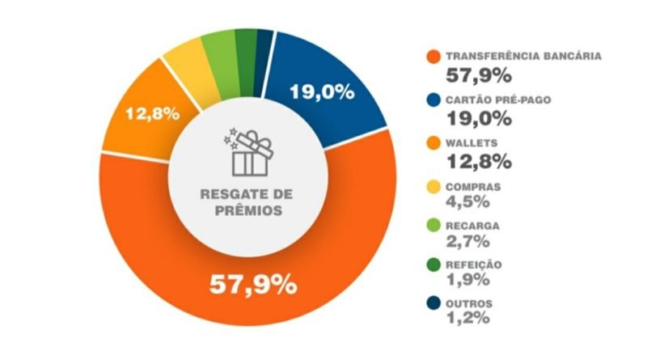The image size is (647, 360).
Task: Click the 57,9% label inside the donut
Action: click(x=252, y=284)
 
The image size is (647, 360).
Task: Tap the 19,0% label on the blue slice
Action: click(x=322, y=91)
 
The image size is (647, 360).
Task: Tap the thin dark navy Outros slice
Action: click(x=264, y=45)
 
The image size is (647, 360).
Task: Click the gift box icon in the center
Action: click(x=249, y=154)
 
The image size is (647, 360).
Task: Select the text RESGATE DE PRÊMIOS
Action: click(x=248, y=202)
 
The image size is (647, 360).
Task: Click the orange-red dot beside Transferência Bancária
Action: click(x=433, y=58)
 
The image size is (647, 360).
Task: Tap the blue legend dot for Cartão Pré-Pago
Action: click(x=433, y=101)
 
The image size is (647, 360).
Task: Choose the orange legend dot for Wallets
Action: click(x=433, y=143)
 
